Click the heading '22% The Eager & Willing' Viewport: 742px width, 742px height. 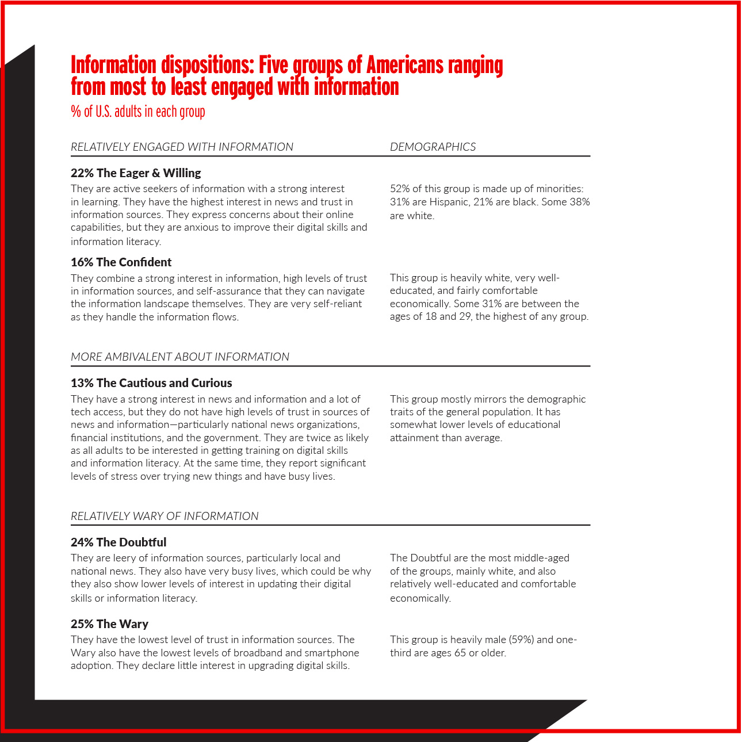pos(136,173)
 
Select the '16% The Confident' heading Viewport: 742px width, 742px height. pos(121,262)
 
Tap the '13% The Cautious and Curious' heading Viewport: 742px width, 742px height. pos(151,383)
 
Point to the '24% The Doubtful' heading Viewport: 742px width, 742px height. pos(118,542)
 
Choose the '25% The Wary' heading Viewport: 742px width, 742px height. pos(109,624)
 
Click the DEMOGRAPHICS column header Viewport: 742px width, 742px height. pos(433,147)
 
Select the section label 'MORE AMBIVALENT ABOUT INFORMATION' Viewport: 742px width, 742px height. pos(180,357)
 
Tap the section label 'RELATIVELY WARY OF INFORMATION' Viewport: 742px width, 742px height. pos(165,516)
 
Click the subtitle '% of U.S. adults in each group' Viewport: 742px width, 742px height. pos(138,111)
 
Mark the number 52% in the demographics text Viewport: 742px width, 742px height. pos(400,189)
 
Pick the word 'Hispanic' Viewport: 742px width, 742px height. pos(449,202)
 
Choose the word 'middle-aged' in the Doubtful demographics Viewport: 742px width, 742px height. pos(541,558)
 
